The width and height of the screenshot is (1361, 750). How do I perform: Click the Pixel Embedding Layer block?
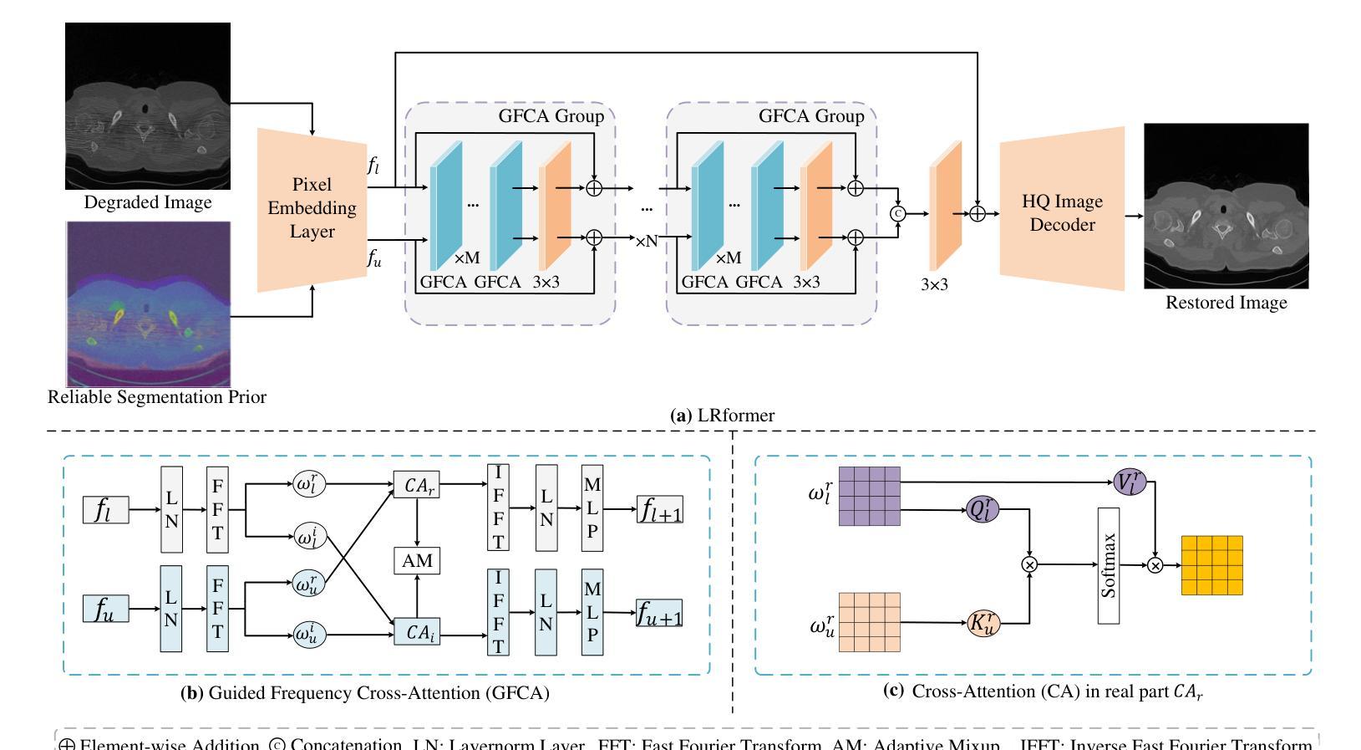click(x=312, y=208)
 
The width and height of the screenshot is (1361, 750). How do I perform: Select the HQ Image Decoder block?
click(x=1062, y=212)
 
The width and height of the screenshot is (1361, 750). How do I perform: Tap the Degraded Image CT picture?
click(x=148, y=106)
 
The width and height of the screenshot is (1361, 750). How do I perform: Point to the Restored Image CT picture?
click(x=1226, y=206)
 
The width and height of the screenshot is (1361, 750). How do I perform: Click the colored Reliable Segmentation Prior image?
click(x=148, y=304)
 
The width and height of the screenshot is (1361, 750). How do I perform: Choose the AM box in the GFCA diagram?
click(x=417, y=560)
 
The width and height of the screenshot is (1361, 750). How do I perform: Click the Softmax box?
click(x=1109, y=565)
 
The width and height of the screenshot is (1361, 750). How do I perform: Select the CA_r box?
click(x=416, y=485)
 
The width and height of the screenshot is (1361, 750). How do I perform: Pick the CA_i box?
click(x=416, y=633)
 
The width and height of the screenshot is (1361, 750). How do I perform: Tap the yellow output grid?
click(x=1211, y=565)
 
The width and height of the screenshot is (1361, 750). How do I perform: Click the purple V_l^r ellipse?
click(x=1130, y=482)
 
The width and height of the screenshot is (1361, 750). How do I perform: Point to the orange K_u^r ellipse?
click(x=983, y=623)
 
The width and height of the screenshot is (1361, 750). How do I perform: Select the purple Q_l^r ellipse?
click(x=983, y=509)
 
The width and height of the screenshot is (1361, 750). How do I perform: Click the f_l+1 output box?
click(x=659, y=509)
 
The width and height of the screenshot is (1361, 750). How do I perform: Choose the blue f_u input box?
click(x=106, y=609)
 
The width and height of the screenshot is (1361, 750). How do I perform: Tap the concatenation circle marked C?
click(x=898, y=214)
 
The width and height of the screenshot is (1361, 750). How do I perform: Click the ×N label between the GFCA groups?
click(x=646, y=242)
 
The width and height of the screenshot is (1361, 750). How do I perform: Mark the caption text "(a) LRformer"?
click(x=723, y=416)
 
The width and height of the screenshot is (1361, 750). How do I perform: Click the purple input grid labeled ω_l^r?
click(x=869, y=496)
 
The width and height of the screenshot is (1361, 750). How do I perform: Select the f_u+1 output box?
click(x=659, y=615)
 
